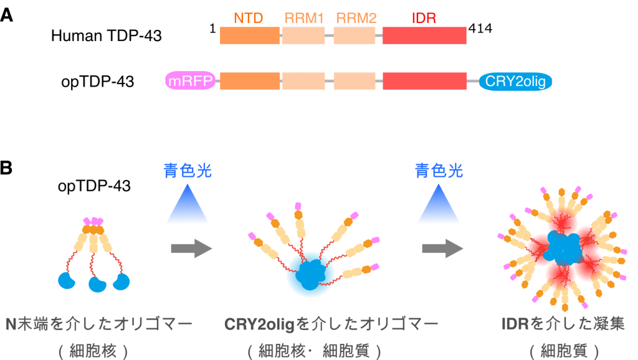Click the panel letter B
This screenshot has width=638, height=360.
7,168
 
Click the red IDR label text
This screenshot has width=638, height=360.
424,19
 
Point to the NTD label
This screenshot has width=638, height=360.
249,19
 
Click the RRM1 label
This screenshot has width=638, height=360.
303,19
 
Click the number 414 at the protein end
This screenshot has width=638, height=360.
480,29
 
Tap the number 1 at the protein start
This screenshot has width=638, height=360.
212,29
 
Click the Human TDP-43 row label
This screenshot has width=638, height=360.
106,36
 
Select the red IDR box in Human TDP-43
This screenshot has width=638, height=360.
424,36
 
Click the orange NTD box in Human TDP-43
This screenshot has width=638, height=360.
249,36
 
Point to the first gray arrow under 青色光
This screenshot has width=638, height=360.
191,249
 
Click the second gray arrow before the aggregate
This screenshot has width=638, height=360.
442,249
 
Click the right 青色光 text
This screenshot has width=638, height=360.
440,171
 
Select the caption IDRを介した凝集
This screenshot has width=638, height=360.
563,324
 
